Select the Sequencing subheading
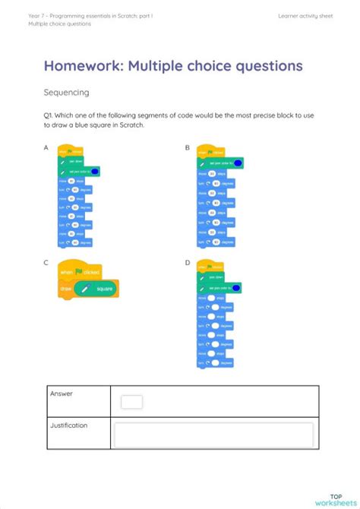(66, 93)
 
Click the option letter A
(46, 147)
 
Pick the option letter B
(188, 147)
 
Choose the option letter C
(46, 262)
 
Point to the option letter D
(188, 262)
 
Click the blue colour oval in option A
(95, 172)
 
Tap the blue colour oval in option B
(238, 163)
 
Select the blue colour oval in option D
(236, 287)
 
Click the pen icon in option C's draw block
(85, 289)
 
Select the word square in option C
(105, 289)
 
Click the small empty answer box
(131, 402)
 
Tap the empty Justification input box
(213, 435)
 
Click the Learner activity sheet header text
(306, 15)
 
